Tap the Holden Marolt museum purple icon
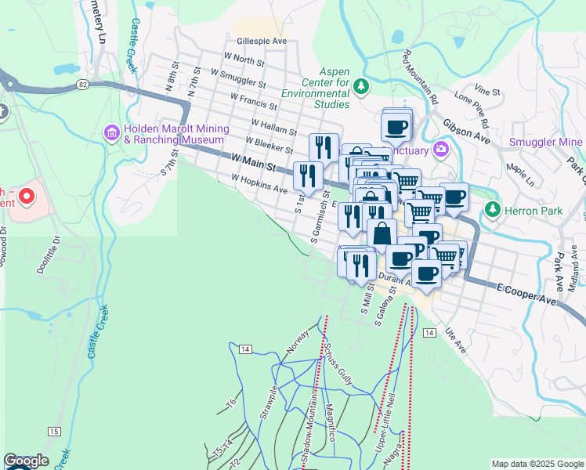(x=110, y=134)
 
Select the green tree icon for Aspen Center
(x=361, y=85)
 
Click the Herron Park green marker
(x=492, y=210)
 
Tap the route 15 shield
(x=53, y=432)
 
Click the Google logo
(x=26, y=461)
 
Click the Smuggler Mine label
(x=545, y=142)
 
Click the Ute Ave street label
(x=454, y=342)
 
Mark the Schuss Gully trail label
(x=340, y=361)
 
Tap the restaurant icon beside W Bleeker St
(x=324, y=146)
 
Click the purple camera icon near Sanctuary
(x=443, y=150)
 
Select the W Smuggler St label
(x=233, y=79)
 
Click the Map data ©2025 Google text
(x=537, y=464)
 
